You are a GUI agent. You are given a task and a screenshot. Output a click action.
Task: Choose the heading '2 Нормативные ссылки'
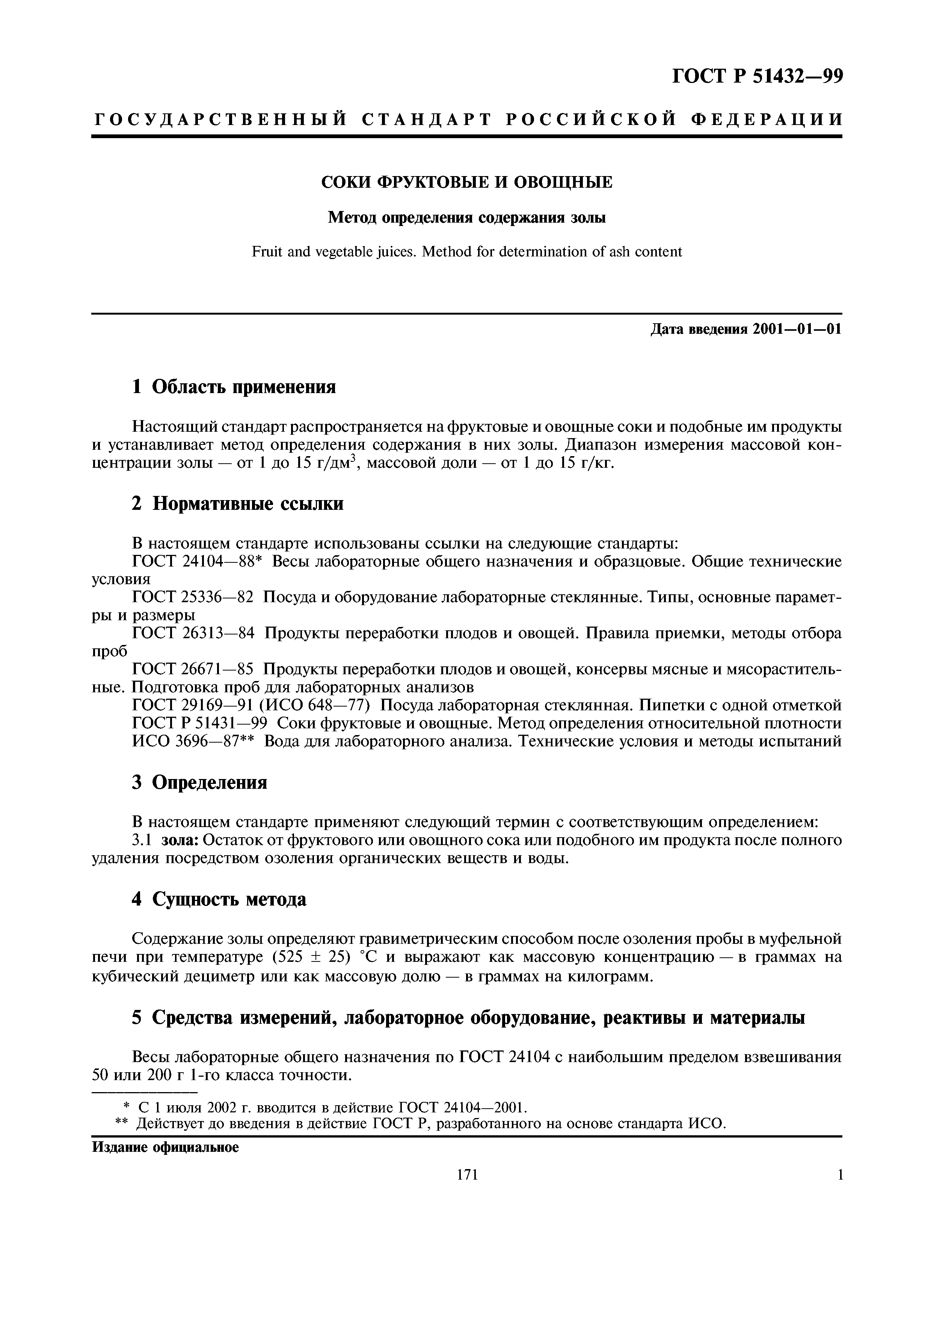pos(237,503)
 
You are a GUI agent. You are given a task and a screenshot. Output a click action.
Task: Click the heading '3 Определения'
pos(200,782)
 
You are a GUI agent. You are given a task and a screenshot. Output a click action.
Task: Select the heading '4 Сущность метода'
pos(219,900)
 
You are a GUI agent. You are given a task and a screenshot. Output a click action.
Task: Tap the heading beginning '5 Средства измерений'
pos(468,1017)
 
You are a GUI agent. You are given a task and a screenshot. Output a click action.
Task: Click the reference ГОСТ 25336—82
pos(193,597)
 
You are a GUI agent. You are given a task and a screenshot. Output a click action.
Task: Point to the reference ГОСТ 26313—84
pos(193,633)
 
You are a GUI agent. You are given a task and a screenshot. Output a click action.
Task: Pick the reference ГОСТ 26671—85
pos(193,669)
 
